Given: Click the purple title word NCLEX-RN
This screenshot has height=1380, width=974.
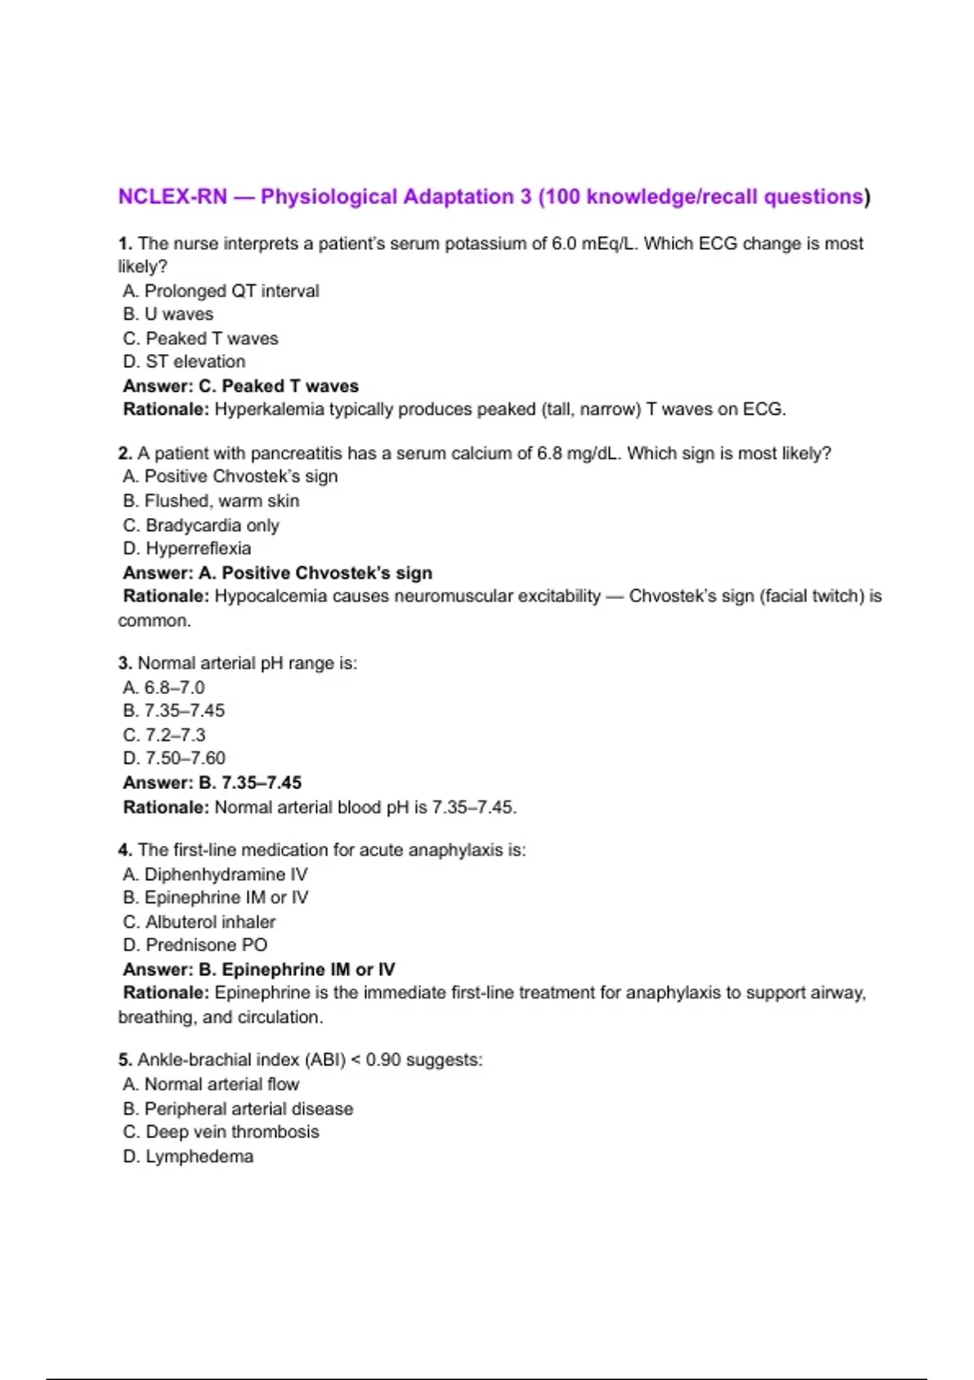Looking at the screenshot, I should pos(172,197).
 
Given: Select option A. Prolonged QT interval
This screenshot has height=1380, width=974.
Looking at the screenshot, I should pos(221,291).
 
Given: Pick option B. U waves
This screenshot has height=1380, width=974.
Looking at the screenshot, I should pos(168,314).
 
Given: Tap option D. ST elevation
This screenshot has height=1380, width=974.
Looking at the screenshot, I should pos(184,361).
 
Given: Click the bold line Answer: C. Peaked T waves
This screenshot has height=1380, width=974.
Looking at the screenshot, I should pos(240,386).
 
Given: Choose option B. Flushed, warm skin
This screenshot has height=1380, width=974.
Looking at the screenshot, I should pos(211,501).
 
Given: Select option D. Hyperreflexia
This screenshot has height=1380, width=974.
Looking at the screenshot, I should pos(187,548).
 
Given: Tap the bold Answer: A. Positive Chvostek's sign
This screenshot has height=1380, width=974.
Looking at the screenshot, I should pos(277,572).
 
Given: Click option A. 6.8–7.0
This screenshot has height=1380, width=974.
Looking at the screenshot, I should pos(164,688).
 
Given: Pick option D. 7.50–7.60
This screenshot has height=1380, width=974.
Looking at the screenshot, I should pos(175,758).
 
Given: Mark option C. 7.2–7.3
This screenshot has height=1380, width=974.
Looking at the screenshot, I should pos(164,735).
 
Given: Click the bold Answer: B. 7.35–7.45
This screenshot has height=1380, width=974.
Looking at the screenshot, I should pos(212,783).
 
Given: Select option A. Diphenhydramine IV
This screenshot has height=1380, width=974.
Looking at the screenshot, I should pos(215,874).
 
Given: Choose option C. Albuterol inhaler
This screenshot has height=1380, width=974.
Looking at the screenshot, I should pos(199,921).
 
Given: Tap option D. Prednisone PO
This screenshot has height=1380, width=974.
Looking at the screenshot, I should pos(195,945).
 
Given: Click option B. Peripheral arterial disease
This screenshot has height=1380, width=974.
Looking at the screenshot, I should pos(238,1109).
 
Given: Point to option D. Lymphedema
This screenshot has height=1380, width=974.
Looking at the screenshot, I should pos(188,1156).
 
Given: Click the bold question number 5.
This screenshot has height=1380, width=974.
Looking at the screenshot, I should pos(124,1060).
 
